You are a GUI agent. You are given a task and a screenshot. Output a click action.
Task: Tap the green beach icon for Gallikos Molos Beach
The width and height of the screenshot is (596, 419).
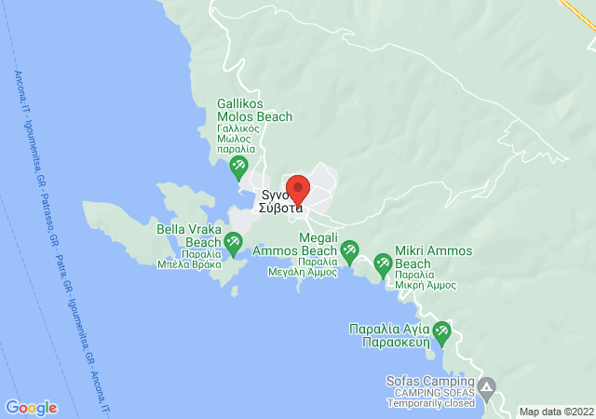point(238,169)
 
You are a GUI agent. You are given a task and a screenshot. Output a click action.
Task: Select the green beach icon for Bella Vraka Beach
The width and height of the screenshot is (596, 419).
point(233,244)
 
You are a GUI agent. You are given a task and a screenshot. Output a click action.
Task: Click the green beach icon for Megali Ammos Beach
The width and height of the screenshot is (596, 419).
point(349,249)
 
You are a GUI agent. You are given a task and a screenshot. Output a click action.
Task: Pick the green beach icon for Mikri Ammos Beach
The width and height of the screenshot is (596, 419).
point(383,264)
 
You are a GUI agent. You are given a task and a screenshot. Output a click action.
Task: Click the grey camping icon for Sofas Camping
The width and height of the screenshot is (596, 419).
point(487,385)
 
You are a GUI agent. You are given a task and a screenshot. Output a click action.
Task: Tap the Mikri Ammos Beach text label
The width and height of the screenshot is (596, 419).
point(433,258)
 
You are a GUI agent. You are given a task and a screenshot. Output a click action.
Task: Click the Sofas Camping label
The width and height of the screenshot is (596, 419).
point(429,381)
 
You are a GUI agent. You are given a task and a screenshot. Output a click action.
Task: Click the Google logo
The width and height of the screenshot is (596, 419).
point(31,407)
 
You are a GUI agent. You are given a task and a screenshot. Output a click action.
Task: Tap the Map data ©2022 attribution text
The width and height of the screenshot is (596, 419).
point(555,412)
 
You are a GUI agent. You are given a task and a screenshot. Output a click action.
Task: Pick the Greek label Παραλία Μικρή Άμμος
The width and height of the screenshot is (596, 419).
point(425,279)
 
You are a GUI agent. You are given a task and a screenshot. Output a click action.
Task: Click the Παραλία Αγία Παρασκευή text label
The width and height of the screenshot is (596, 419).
point(389,335)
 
